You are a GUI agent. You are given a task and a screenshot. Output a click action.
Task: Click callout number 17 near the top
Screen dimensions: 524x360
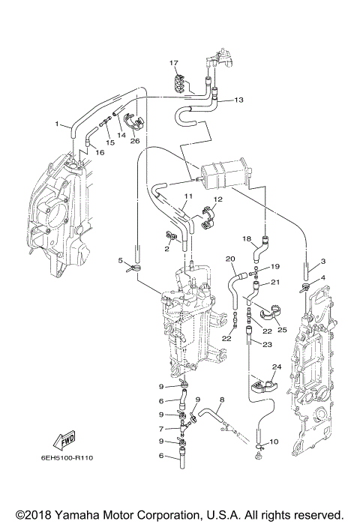[173, 62]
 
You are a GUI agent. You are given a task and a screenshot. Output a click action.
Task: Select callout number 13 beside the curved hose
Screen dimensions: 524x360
[239, 100]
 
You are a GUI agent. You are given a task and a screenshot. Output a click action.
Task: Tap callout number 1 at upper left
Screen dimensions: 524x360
[56, 123]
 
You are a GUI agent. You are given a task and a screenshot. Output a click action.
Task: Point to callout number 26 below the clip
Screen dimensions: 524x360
[134, 140]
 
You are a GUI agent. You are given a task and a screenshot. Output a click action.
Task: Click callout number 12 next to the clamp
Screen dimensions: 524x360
[218, 199]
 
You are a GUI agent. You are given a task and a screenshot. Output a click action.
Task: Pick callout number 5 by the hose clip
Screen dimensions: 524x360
[120, 260]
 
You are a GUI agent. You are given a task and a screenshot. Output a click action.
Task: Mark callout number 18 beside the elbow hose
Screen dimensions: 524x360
[245, 238]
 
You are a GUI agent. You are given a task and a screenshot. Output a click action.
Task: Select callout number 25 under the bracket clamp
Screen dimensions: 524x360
[283, 328]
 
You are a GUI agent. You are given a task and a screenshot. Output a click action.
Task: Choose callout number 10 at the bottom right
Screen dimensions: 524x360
[273, 442]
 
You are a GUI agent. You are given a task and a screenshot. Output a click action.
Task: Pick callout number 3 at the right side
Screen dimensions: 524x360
[322, 261]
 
